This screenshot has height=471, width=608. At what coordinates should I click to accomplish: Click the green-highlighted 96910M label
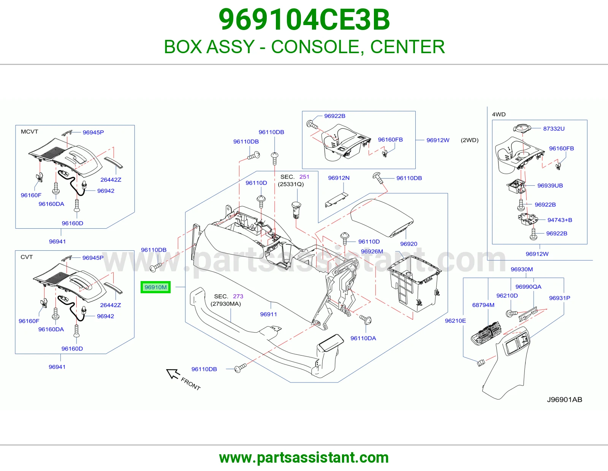[x=155, y=287]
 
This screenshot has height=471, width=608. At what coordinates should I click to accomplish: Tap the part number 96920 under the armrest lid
[x=408, y=244]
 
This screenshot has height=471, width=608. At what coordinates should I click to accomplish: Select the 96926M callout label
[x=372, y=251]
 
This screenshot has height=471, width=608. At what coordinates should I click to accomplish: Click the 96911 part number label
[x=268, y=314]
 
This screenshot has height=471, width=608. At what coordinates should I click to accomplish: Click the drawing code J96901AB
[x=564, y=400]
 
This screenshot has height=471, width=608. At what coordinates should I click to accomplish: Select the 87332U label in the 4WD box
[x=554, y=129]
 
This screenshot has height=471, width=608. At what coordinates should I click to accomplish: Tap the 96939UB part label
[x=550, y=185]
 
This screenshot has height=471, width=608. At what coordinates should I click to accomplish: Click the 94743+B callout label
[x=560, y=220]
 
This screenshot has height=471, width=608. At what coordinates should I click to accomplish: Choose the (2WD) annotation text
[x=470, y=140]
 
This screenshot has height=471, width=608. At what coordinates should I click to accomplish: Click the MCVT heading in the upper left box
[x=29, y=131]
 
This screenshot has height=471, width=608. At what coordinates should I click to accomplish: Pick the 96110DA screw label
[x=363, y=338]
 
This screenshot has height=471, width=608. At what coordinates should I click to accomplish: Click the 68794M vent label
[x=483, y=305]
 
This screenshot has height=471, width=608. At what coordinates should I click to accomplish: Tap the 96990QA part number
[x=528, y=287]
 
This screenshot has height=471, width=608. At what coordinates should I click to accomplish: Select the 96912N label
[x=339, y=178]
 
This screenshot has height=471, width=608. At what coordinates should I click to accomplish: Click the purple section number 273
[x=238, y=296]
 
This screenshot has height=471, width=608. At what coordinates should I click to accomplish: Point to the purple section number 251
[x=304, y=177]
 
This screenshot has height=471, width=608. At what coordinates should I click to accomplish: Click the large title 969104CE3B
[x=304, y=20]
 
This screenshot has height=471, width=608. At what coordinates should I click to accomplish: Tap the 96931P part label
[x=559, y=298]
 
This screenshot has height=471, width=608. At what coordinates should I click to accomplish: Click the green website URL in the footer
[x=304, y=458]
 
